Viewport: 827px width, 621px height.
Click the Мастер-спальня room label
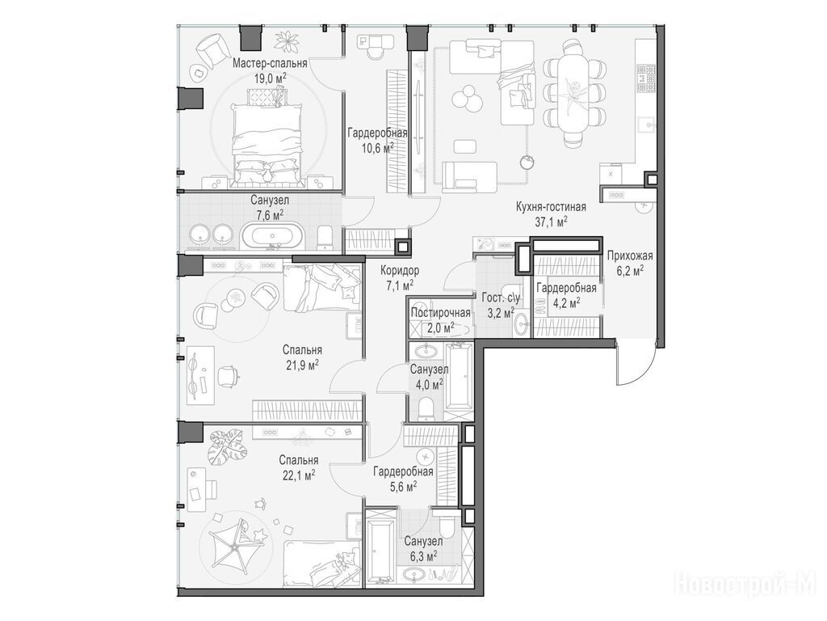[x=270, y=64]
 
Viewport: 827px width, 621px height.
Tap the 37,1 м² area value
[x=551, y=222]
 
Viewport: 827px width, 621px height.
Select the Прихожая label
[x=630, y=256]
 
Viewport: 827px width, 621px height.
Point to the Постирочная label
[x=440, y=313]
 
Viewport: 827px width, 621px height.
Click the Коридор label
[x=400, y=271]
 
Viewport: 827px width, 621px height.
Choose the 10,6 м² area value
[x=377, y=148]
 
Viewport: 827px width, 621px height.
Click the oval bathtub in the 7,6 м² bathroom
[x=273, y=235]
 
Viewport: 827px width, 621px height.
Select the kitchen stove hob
[x=646, y=78]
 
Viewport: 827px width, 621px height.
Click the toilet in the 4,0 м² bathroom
[x=426, y=408]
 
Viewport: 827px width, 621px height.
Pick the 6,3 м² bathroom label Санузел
[x=423, y=541]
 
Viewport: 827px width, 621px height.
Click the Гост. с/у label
[x=501, y=298]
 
